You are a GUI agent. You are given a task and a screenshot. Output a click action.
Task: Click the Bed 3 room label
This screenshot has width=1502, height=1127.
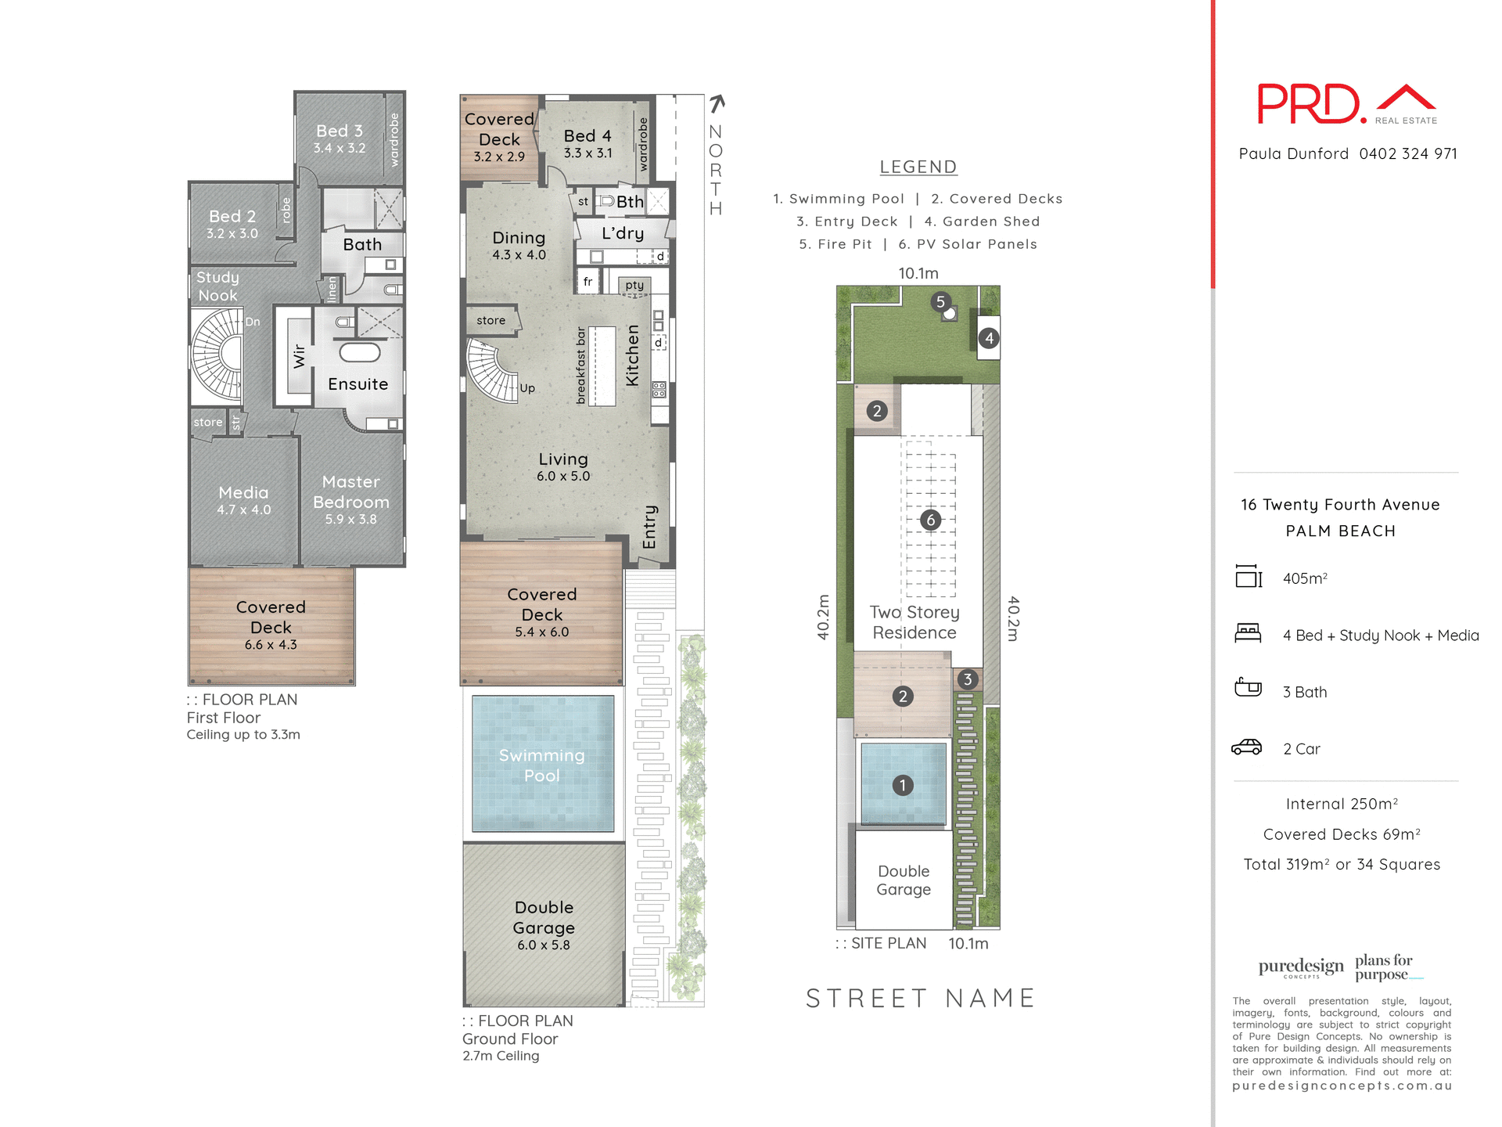coord(339,131)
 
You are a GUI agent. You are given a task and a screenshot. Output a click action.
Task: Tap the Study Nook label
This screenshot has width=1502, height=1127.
coord(217,286)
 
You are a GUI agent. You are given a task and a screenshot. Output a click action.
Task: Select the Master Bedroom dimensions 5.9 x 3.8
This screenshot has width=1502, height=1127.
coord(350,520)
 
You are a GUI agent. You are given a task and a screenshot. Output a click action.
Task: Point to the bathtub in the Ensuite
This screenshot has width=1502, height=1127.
coord(359,352)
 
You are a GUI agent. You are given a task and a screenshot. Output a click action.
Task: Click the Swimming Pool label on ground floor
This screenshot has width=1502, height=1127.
coord(541,765)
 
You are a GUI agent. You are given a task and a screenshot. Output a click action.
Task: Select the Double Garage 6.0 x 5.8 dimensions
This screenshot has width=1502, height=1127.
coord(543,945)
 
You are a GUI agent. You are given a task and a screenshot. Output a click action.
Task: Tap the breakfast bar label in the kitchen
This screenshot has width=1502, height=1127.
coord(580,365)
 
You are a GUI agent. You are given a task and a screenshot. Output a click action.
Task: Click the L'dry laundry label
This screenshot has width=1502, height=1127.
coord(623,233)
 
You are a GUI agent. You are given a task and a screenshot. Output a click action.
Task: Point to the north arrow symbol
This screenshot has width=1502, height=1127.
coord(717,103)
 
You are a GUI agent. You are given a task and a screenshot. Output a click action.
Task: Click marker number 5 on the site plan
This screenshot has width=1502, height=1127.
coord(940,302)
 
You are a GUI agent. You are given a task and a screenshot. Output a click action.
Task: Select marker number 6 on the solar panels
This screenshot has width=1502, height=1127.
coord(930,520)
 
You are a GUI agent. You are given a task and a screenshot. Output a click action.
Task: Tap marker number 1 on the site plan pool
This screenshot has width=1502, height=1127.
coord(903,785)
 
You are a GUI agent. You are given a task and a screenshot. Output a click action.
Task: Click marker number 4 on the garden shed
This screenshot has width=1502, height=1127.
coord(989,338)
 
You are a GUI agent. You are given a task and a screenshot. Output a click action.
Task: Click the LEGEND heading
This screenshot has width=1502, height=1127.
coord(918,167)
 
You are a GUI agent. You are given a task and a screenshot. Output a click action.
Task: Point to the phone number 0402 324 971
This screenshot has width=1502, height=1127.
coord(1408,153)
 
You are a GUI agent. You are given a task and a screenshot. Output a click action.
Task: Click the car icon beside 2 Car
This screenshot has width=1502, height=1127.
coord(1246,747)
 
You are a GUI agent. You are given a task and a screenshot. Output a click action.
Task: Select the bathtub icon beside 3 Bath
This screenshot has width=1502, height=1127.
coord(1248,688)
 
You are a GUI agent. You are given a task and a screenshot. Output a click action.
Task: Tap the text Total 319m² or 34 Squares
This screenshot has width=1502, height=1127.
coord(1342,864)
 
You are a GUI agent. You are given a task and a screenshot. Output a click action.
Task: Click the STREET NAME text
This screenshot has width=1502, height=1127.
coord(920,999)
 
